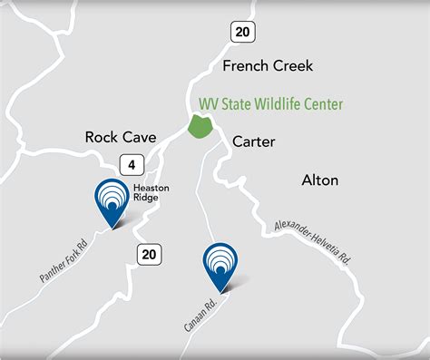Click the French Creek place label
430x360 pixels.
coord(268,65)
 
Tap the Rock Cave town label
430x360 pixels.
coord(121,137)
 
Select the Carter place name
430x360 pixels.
coord(253,141)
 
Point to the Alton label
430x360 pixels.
coord(319,180)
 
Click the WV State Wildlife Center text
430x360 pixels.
coord(271,105)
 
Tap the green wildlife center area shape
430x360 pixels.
coord(200,126)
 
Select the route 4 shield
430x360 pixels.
coord(132,165)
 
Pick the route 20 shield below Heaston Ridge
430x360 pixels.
coord(150,255)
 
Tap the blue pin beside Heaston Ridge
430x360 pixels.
coord(112,202)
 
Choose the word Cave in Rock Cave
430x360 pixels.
coord(141,137)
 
